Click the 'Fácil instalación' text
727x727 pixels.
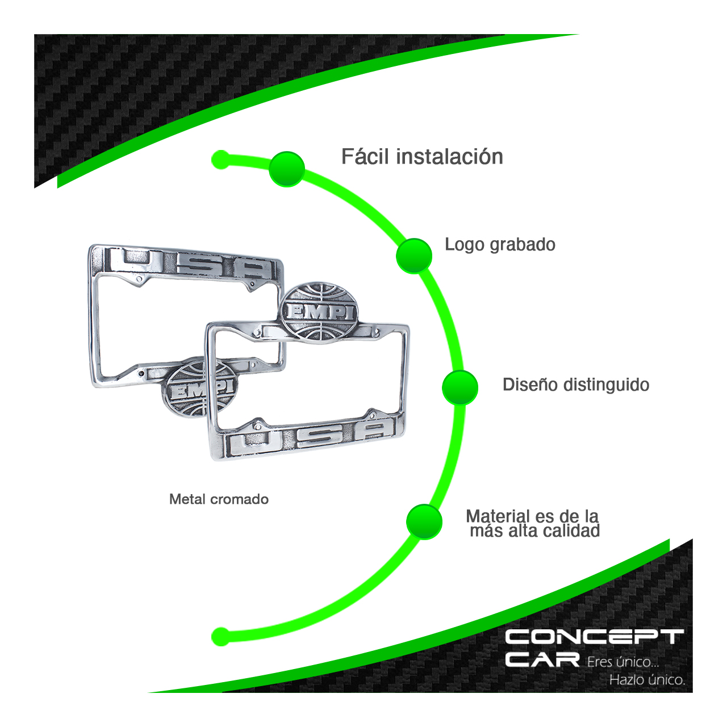[422, 157]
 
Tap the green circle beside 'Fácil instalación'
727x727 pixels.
[287, 169]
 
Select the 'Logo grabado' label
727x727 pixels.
[500, 245]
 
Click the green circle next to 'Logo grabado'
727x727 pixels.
[414, 256]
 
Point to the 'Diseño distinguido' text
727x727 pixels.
[575, 385]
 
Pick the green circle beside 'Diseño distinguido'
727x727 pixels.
[460, 387]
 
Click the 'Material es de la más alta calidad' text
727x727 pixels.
[533, 523]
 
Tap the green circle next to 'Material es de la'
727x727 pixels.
[424, 521]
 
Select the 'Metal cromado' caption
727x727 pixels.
[219, 499]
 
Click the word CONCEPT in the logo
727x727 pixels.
[594, 637]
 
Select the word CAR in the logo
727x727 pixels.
[542, 659]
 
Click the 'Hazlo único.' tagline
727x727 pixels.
[647, 680]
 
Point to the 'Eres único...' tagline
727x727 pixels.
[622, 662]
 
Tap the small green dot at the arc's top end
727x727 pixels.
[220, 160]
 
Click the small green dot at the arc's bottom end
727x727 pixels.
[220, 636]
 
